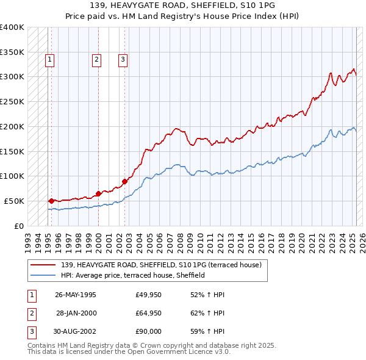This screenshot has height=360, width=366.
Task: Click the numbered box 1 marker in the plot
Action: [49, 60]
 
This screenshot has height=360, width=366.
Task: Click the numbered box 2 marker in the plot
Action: [96, 60]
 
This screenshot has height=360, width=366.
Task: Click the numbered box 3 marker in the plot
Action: [123, 60]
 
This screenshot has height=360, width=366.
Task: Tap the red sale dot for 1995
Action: [51, 200]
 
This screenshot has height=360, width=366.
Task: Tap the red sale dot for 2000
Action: [98, 193]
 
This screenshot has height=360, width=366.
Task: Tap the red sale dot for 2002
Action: [124, 181]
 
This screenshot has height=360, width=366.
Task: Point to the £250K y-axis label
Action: [12, 101]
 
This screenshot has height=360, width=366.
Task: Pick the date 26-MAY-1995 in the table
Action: [76, 295]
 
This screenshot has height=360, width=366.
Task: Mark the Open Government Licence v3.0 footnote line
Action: [129, 352]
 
